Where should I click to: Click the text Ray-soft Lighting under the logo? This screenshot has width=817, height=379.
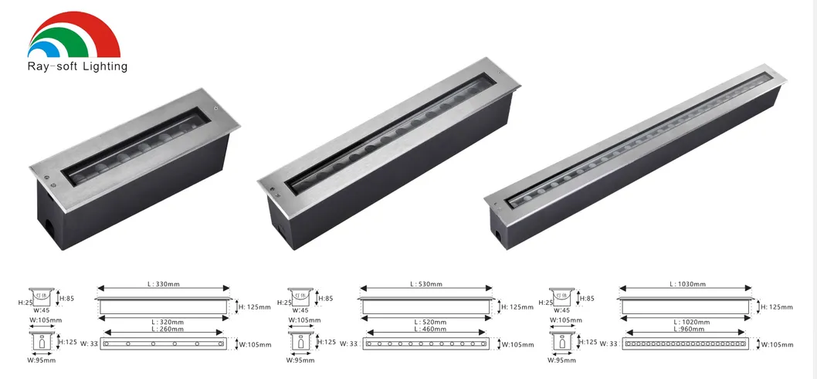pyautogui.click(x=77, y=66)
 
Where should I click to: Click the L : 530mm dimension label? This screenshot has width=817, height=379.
pyautogui.click(x=425, y=284)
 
